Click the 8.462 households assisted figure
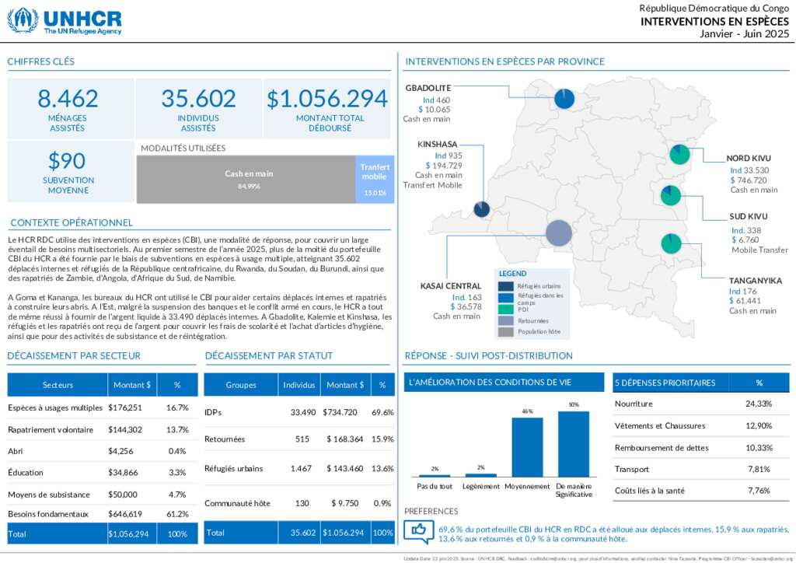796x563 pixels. coord(68,99)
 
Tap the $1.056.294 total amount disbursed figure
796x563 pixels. coord(326,99)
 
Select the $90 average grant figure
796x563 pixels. coord(67,161)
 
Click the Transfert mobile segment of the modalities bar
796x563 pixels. coord(375,180)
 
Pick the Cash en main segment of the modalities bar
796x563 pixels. coord(249,180)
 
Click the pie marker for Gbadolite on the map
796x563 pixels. coord(564,99)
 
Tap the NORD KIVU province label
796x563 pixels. coord(749,158)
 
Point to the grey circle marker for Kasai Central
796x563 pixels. coord(558,233)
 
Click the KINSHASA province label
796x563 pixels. coord(437,144)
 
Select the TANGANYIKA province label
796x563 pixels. coord(755,280)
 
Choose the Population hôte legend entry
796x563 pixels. coord(537,331)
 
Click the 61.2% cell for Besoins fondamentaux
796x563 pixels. coord(177,514)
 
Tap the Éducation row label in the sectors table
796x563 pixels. coord(26,472)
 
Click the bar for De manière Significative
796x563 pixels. coord(573,443)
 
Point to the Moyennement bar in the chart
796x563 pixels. coord(527,447)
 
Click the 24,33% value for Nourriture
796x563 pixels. coord(759,404)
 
